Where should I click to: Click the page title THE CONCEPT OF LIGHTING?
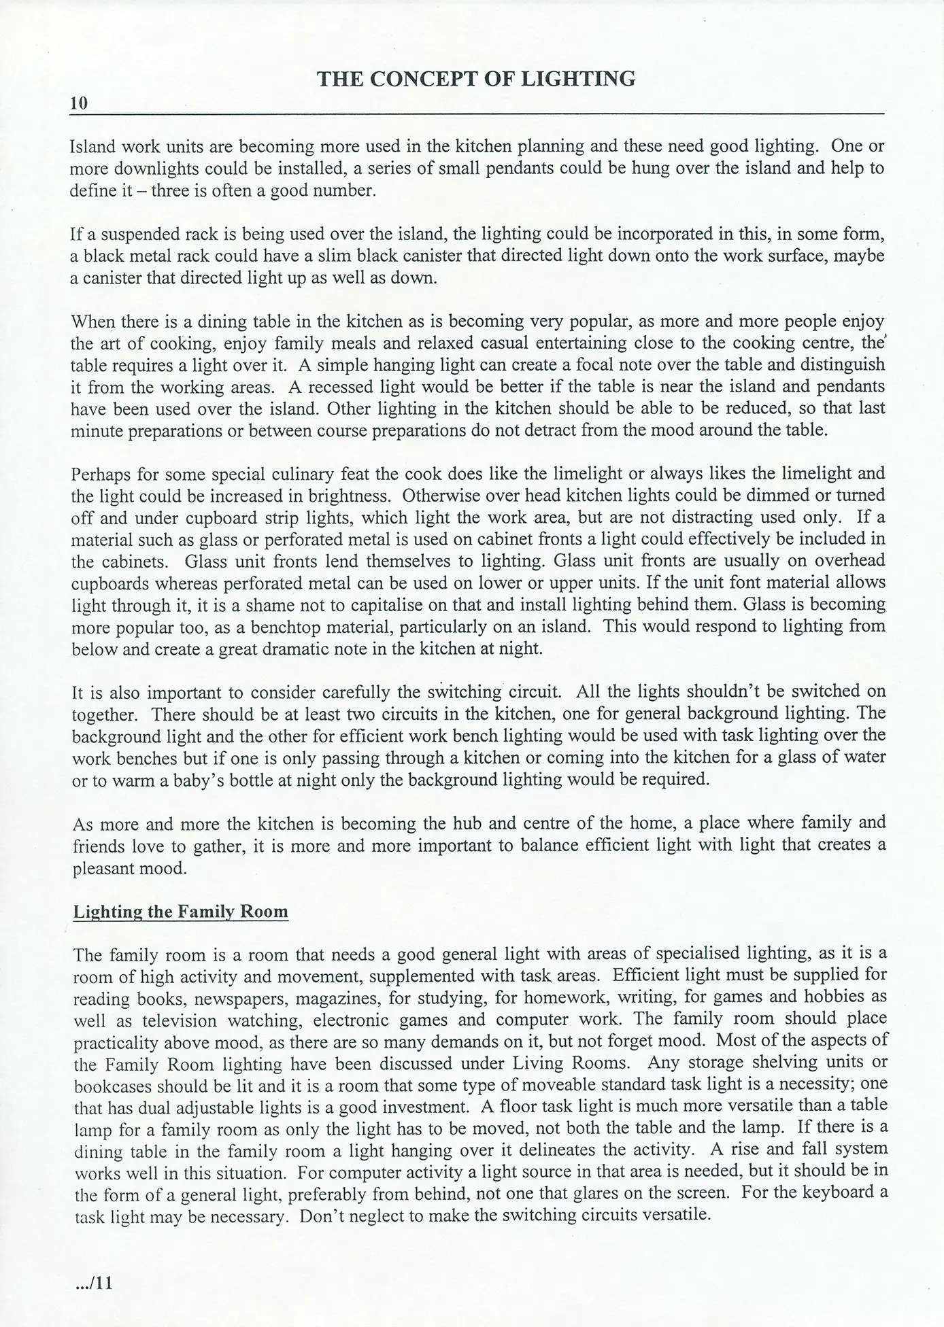click(476, 79)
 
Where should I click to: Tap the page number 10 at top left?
click(79, 103)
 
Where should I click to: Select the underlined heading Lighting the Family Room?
click(180, 911)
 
